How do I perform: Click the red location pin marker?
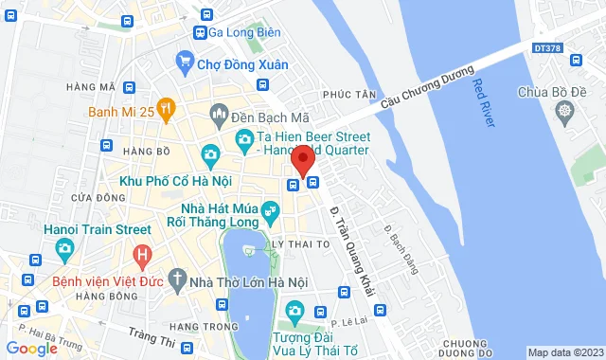302,159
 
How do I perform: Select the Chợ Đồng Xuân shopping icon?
186,64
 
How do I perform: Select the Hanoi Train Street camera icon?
64,250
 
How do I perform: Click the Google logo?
31,348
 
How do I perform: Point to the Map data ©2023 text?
564,352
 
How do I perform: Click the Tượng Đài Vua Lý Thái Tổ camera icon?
294,310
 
